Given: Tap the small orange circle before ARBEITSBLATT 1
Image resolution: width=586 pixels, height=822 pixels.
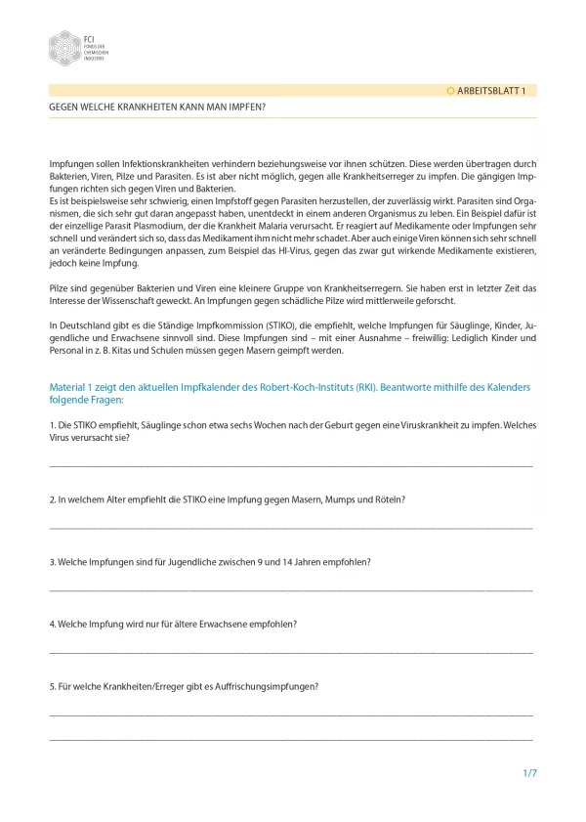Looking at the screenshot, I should [450, 90].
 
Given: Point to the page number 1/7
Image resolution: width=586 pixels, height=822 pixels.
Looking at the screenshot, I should [529, 773].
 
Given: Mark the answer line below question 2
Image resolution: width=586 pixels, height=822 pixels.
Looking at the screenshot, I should [291, 528].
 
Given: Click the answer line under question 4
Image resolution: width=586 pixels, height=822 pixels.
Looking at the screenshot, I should [291, 652].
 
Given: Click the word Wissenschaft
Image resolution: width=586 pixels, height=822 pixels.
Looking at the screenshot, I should [121, 301].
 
